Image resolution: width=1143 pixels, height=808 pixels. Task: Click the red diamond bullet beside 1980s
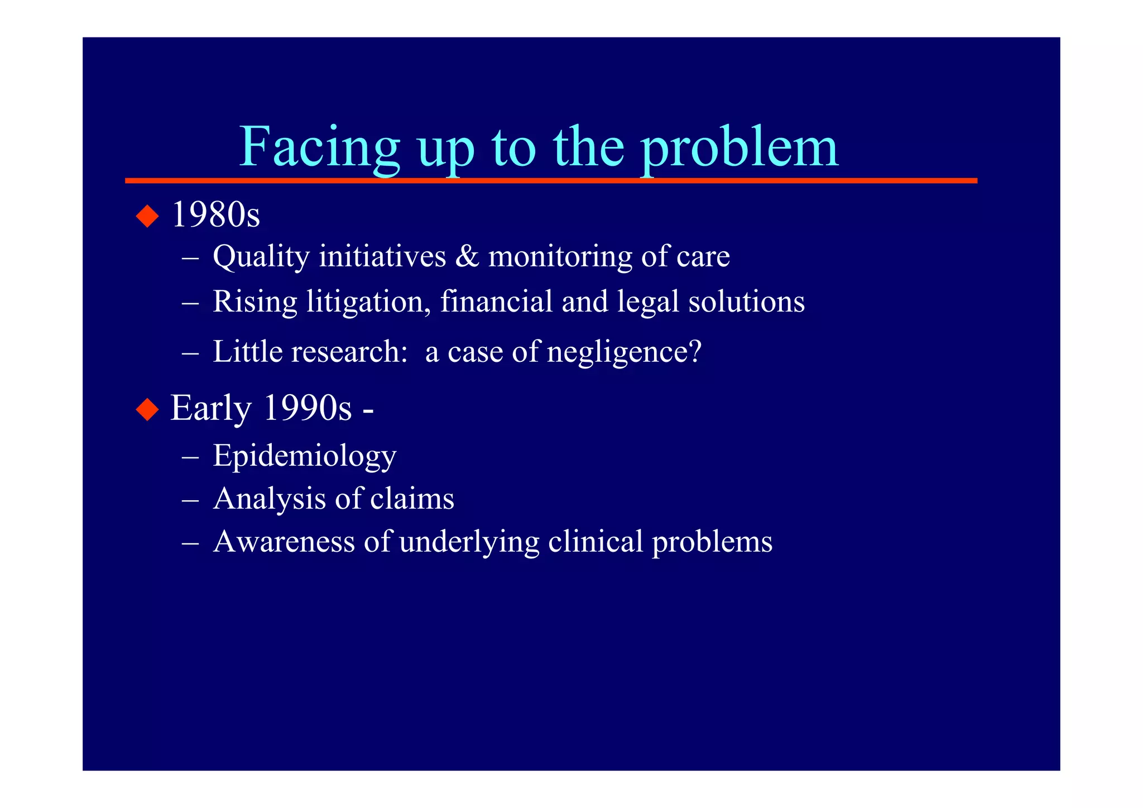(x=147, y=216)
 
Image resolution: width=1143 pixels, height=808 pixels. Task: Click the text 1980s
(x=215, y=215)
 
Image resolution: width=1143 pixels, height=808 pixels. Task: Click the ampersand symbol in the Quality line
(x=467, y=256)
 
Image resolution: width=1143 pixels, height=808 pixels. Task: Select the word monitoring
(x=560, y=257)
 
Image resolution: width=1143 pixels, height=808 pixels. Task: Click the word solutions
(x=746, y=302)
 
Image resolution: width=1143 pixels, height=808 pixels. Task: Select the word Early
(x=211, y=409)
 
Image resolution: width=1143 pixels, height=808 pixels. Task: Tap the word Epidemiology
(x=305, y=456)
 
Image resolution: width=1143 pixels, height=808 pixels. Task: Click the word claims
(x=412, y=499)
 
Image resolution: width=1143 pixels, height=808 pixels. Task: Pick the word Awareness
(x=284, y=542)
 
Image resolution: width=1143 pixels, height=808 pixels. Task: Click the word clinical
(x=595, y=542)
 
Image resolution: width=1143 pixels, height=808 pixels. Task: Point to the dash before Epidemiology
(x=190, y=457)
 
